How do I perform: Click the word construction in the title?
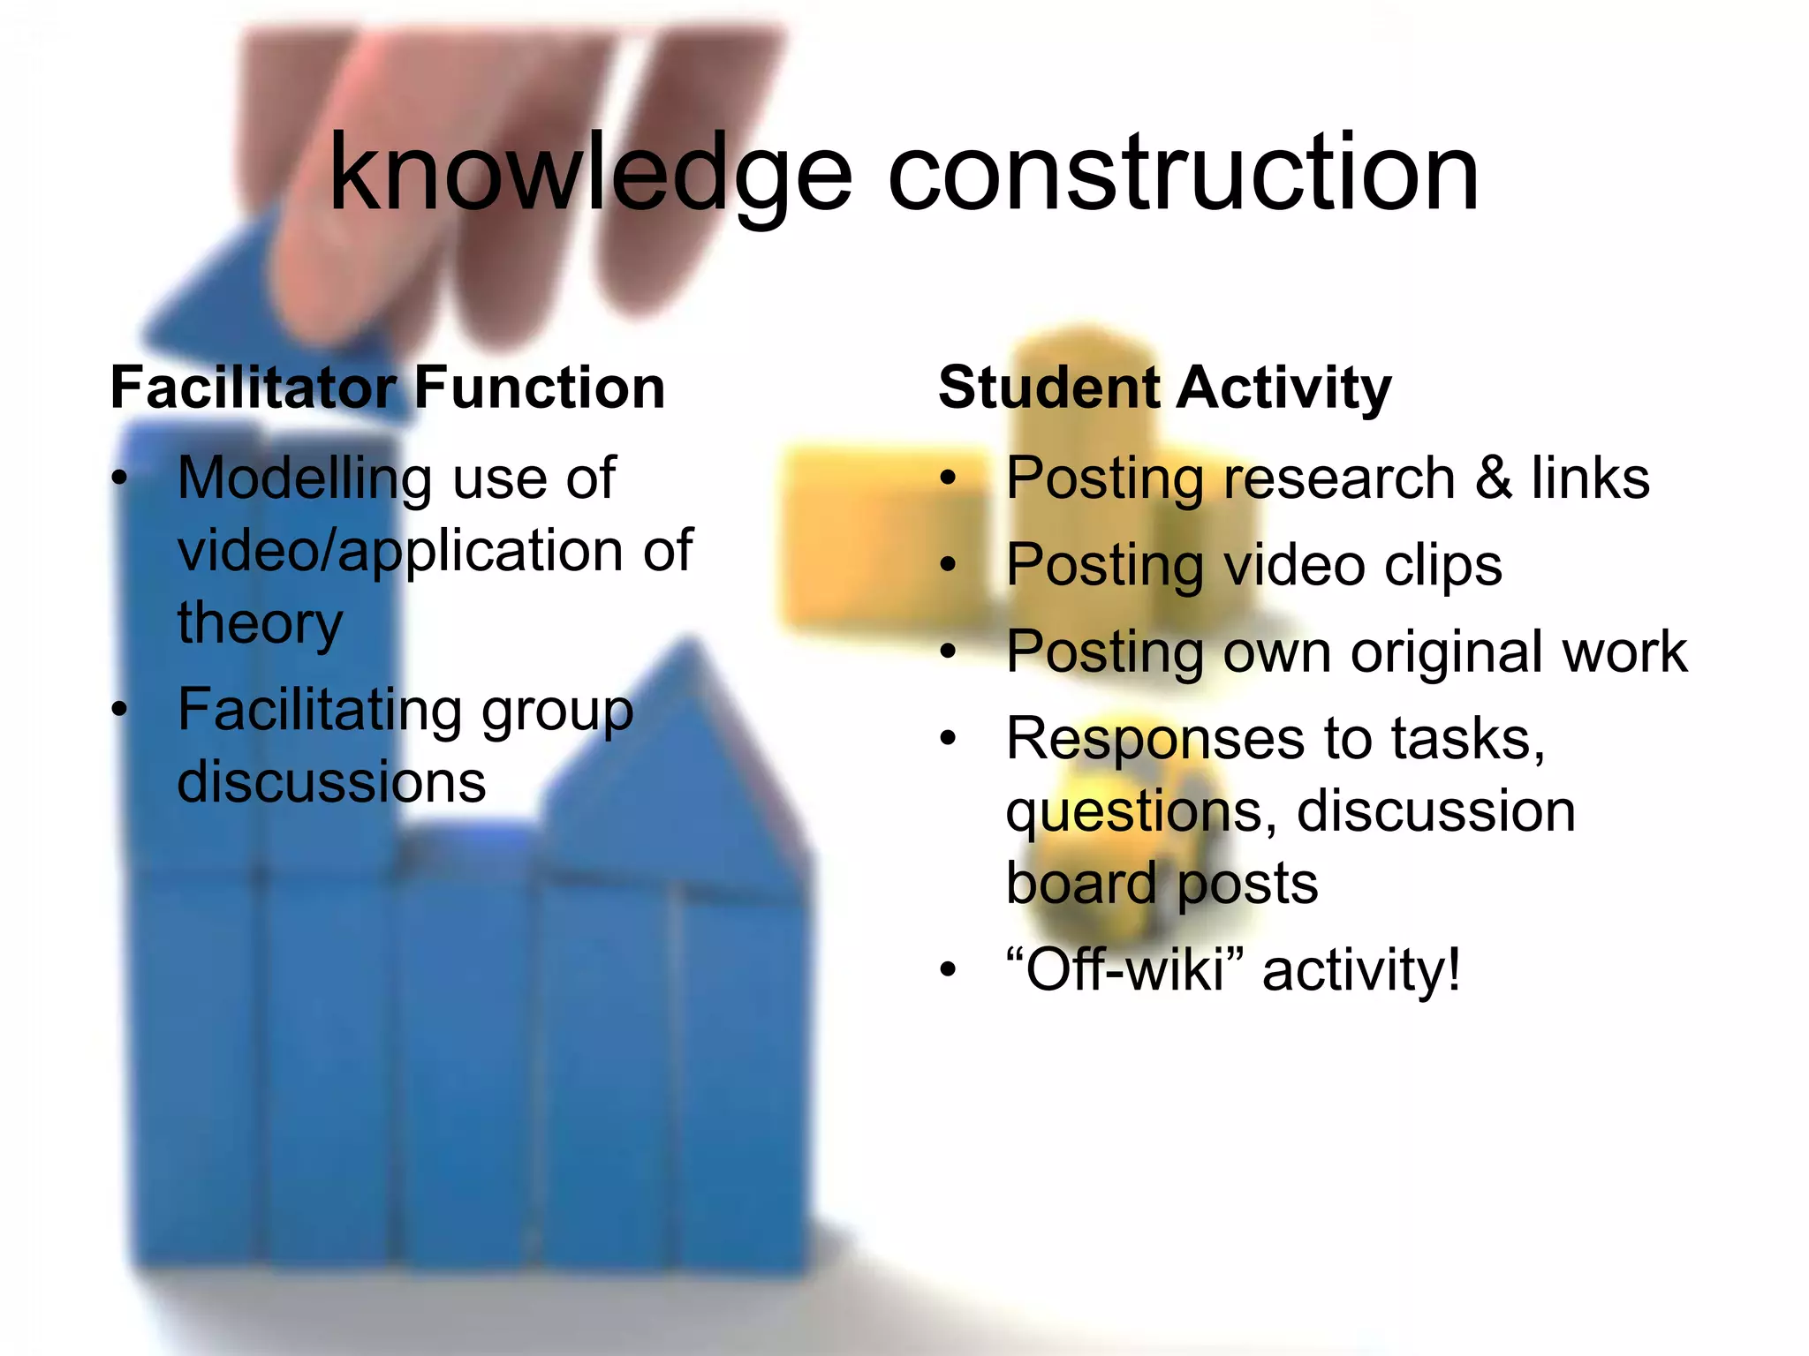pyautogui.click(x=1183, y=174)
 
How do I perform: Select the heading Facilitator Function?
pyautogui.click(x=387, y=388)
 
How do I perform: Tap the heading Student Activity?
pyautogui.click(x=1164, y=388)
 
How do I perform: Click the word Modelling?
pyautogui.click(x=305, y=479)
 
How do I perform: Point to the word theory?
pyautogui.click(x=260, y=623)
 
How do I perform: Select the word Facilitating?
pyautogui.click(x=317, y=711)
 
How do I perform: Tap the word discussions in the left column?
pyautogui.click(x=331, y=782)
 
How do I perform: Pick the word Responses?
pyautogui.click(x=1154, y=739)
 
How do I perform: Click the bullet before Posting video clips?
pyautogui.click(x=949, y=565)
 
